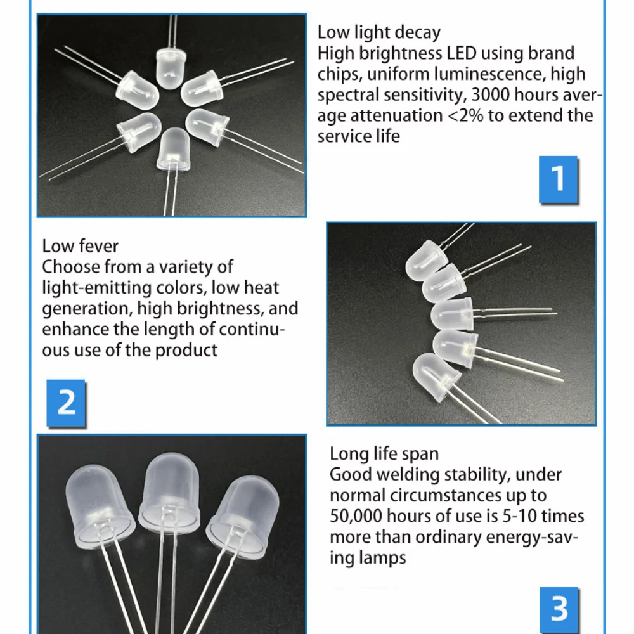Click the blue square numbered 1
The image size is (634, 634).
pos(558,179)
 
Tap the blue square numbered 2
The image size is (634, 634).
pos(66,403)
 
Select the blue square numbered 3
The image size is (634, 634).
pos(559,610)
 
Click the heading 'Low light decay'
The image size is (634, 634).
pos(379,33)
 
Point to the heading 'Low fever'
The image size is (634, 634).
pos(80,246)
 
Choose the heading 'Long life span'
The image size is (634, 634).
pos(384,454)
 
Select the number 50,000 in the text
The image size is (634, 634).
pos(356,516)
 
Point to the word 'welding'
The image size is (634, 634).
pos(408,475)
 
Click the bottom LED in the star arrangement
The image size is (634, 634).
pos(173,150)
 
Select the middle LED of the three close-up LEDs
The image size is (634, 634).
pos(169,489)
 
